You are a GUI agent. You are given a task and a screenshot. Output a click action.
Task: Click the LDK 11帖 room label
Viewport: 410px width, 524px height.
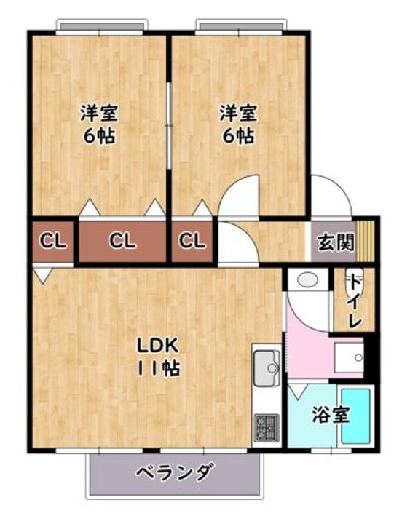[157, 357]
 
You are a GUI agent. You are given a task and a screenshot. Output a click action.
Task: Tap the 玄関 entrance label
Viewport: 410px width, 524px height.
[336, 242]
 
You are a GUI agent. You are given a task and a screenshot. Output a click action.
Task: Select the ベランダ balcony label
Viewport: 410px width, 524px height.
[173, 472]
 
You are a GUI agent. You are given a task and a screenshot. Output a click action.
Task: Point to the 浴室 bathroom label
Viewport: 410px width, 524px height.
[331, 415]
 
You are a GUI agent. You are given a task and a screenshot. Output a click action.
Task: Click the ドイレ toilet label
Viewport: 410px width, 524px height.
[355, 301]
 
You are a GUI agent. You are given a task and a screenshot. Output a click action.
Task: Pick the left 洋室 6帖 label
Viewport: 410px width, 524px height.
[99, 124]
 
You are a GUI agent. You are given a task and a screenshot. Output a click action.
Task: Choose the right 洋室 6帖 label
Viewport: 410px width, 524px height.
[238, 124]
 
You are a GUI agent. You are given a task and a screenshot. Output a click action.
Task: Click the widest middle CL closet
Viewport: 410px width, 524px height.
[122, 241]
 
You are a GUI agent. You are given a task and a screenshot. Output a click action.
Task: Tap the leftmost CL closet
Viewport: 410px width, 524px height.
[53, 241]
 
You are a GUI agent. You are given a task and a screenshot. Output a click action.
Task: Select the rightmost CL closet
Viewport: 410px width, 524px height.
[192, 241]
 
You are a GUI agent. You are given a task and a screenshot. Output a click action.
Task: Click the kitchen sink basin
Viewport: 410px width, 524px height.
[267, 368]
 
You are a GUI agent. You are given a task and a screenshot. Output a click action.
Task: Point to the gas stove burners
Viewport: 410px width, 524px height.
[267, 428]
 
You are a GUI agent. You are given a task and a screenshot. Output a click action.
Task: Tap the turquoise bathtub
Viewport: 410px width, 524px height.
[356, 416]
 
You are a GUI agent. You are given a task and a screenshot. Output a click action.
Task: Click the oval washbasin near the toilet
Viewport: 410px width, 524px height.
[307, 279]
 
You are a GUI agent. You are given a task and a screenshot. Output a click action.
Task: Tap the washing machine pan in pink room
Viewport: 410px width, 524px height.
[349, 357]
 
